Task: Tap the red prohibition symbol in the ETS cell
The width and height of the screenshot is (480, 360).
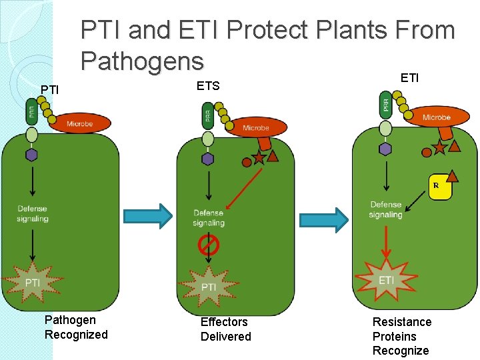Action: [x=209, y=246]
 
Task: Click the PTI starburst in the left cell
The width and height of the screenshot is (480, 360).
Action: [x=32, y=283]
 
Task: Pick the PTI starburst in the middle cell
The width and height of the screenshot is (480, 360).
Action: [x=209, y=286]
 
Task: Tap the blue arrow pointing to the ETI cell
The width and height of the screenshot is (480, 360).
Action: [x=323, y=219]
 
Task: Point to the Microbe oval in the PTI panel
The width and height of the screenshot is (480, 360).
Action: [x=79, y=123]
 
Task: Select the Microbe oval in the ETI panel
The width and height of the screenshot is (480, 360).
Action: [x=436, y=117]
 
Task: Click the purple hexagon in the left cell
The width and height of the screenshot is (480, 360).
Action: [x=31, y=155]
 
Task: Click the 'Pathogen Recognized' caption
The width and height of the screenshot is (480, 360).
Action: [x=76, y=327]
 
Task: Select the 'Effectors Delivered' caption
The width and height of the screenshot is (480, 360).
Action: [x=226, y=329]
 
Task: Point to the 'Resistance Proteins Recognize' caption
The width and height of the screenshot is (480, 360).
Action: [x=402, y=336]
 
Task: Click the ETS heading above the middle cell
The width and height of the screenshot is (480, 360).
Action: [x=207, y=86]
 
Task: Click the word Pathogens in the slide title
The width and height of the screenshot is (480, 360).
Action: [x=142, y=61]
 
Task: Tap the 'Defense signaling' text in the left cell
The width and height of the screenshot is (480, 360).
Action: [x=33, y=213]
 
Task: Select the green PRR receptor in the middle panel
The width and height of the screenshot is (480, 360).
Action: [x=207, y=115]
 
